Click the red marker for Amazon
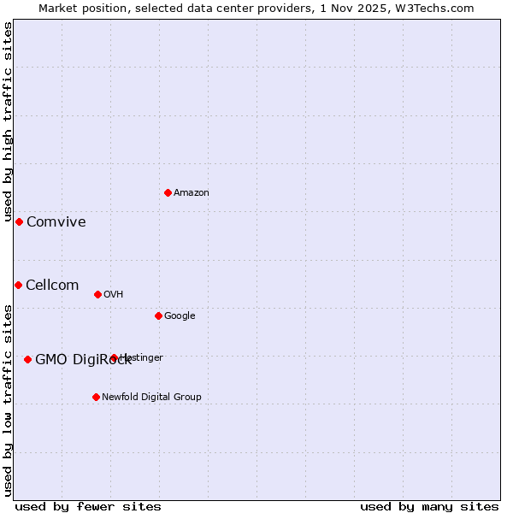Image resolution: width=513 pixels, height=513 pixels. pyautogui.click(x=168, y=192)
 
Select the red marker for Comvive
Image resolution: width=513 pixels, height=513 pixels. pyautogui.click(x=19, y=221)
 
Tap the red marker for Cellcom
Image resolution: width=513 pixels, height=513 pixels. pyautogui.click(x=18, y=285)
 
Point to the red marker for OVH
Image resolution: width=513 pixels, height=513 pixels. pyautogui.click(x=97, y=294)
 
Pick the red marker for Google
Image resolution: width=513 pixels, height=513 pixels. pyautogui.click(x=158, y=315)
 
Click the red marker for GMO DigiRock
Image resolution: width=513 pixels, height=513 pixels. pyautogui.click(x=27, y=359)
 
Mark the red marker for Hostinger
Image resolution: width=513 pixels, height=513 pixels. pyautogui.click(x=114, y=357)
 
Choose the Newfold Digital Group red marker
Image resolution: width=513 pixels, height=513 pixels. pyautogui.click(x=96, y=397)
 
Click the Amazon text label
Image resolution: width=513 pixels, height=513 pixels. pyautogui.click(x=192, y=193)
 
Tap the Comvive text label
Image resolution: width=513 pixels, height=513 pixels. pyautogui.click(x=56, y=222)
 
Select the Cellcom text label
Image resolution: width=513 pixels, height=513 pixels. pyautogui.click(x=52, y=286)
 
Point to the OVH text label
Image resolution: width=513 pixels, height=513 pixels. pyautogui.click(x=114, y=295)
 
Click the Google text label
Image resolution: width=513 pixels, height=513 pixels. pyautogui.click(x=180, y=316)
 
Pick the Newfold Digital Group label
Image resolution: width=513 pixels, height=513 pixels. pyautogui.click(x=151, y=398)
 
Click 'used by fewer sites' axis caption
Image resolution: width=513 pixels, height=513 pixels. pyautogui.click(x=88, y=507)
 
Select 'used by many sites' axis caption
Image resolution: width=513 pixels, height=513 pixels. pyautogui.click(x=429, y=507)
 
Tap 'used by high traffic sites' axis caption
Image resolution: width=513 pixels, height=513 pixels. pyautogui.click(x=8, y=115)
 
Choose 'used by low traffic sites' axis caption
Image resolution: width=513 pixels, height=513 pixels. pyautogui.click(x=8, y=400)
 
